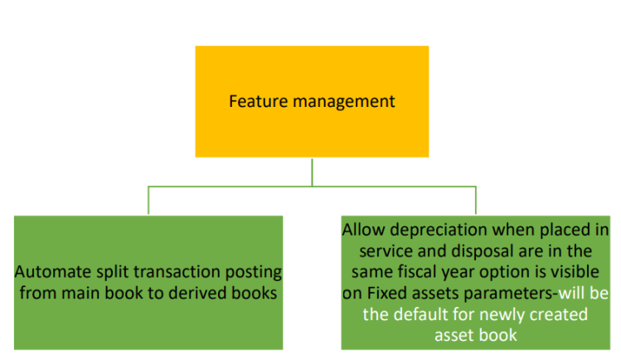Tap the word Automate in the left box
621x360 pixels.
50,272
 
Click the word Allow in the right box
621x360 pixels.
364,230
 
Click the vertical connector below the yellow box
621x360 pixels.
312,171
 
